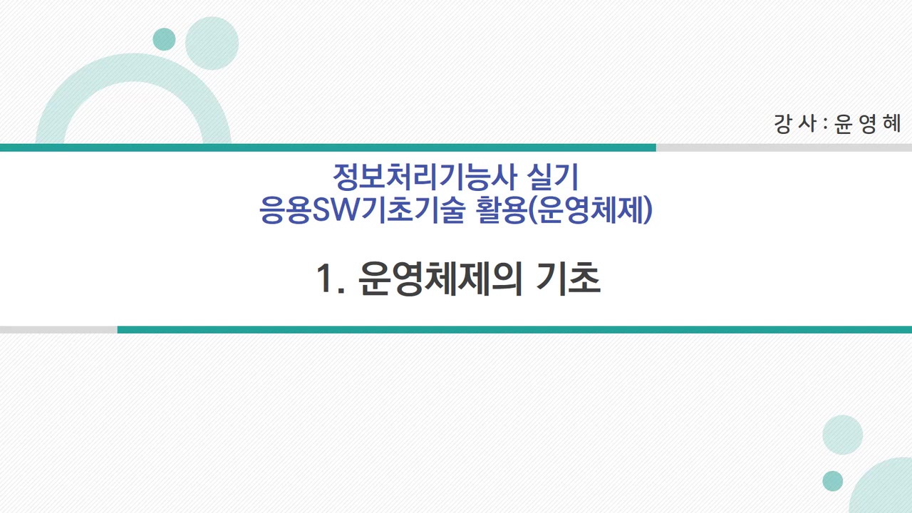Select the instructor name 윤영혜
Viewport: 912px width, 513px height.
868,124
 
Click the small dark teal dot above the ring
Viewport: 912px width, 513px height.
164,39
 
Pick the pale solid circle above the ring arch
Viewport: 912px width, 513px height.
212,43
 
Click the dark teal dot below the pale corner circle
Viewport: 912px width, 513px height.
832,481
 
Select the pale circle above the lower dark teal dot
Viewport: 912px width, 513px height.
842,435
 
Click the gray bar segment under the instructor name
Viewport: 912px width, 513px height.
784,147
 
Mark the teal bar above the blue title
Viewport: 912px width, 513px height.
328,147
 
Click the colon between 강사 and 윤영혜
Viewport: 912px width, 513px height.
824,125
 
